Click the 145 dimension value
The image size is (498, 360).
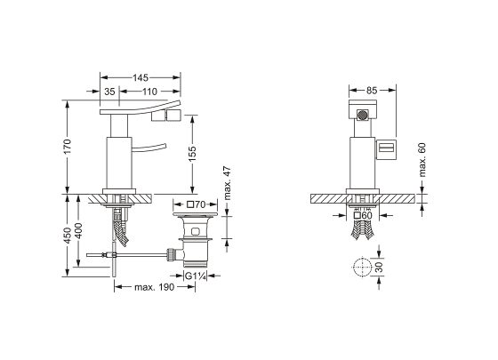point(141,78)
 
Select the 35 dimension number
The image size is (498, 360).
point(109,92)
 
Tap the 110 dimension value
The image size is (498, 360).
point(149,92)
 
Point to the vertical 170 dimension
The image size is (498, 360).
point(68,147)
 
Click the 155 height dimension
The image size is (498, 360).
point(192,154)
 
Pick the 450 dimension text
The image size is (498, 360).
point(68,236)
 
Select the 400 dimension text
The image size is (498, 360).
point(78,231)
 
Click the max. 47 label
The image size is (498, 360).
point(227,184)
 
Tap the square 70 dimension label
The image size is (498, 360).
point(197,204)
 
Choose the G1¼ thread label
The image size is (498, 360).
point(196,276)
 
